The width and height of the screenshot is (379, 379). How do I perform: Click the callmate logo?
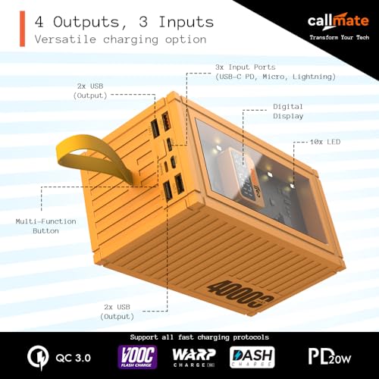pyautogui.click(x=338, y=21)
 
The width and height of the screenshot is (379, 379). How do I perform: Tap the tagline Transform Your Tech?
pyautogui.click(x=340, y=37)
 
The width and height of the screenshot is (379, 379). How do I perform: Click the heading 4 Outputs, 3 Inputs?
pyautogui.click(x=124, y=22)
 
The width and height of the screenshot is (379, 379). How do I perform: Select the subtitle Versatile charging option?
pyautogui.click(x=121, y=39)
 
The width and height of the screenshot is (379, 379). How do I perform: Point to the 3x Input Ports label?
pyautogui.click(x=275, y=72)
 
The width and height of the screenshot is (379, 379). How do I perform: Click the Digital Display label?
pyautogui.click(x=288, y=111)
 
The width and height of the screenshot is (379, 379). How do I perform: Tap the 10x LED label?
pyautogui.click(x=325, y=142)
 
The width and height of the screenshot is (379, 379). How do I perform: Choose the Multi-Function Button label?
pyautogui.click(x=45, y=226)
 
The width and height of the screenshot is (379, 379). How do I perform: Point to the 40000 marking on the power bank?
pyautogui.click(x=241, y=294)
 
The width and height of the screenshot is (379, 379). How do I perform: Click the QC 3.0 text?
pyautogui.click(x=73, y=358)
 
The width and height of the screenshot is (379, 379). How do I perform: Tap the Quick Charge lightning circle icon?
pyautogui.click(x=38, y=358)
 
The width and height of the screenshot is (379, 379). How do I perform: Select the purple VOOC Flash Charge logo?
pyautogui.click(x=137, y=357)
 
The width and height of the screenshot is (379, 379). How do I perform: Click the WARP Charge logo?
pyautogui.click(x=194, y=358)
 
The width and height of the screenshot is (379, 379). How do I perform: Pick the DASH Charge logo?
pyautogui.click(x=252, y=357)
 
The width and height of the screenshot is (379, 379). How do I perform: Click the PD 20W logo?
pyautogui.click(x=330, y=356)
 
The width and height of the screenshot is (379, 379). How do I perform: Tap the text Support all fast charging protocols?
pyautogui.click(x=199, y=337)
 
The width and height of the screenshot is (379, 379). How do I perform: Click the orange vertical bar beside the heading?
pyautogui.click(x=23, y=29)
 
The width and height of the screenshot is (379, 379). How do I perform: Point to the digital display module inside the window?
pyautogui.click(x=244, y=177)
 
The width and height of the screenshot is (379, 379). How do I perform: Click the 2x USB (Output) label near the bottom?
pyautogui.click(x=117, y=312)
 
